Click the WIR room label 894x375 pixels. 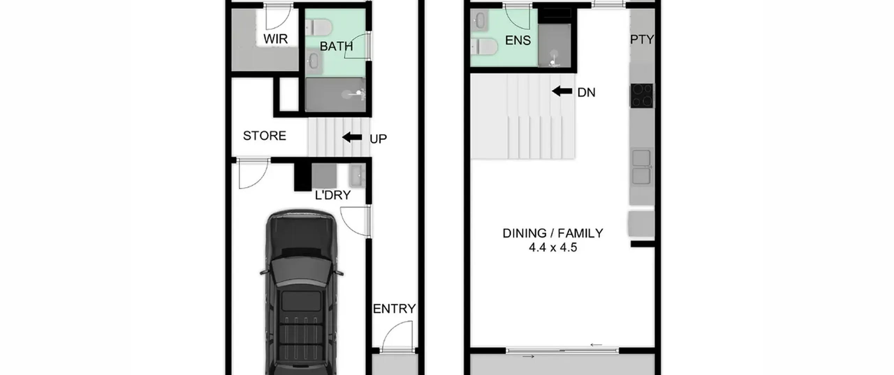coord(276,39)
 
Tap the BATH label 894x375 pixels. coord(336,46)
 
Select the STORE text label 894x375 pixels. coord(265,136)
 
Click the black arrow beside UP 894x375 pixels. coord(352,137)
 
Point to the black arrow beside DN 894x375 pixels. coord(562,91)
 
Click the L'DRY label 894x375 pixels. coord(333,195)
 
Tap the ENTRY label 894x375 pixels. coord(394,309)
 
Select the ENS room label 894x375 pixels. coord(518,40)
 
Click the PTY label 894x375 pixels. coord(642,39)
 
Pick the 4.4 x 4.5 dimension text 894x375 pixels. coord(553,248)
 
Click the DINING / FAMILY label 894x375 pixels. coord(553,233)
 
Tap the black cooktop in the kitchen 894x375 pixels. coord(642,95)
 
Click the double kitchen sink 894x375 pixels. coord(642,167)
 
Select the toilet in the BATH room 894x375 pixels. coord(318,27)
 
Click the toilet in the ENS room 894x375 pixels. coord(484,47)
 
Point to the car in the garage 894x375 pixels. coord(301,292)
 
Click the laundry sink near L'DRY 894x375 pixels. coord(357,175)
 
